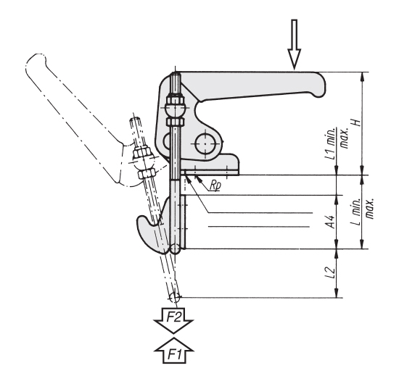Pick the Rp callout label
click(214, 185)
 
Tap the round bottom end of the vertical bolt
click(177, 250)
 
